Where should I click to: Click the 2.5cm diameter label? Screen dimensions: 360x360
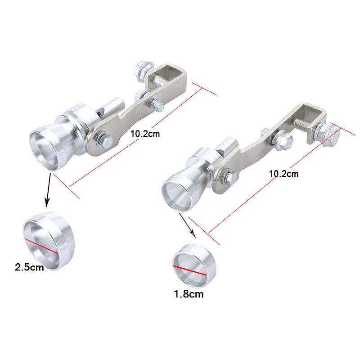pyautogui.click(x=29, y=267)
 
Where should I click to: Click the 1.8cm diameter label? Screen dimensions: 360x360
pyautogui.click(x=189, y=294)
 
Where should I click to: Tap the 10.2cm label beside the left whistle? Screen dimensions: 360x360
pyautogui.click(x=145, y=134)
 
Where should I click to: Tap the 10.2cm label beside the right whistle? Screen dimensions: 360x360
pyautogui.click(x=284, y=174)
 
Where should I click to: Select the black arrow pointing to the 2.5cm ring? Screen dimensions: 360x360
pyautogui.click(x=48, y=191)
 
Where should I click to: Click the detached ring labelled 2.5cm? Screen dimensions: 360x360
pyautogui.click(x=49, y=241)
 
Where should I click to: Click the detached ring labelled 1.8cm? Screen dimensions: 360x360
pyautogui.click(x=194, y=266)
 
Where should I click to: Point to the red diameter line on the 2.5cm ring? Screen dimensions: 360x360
pyautogui.click(x=41, y=246)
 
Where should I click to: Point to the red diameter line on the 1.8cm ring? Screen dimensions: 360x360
pyautogui.click(x=189, y=270)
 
